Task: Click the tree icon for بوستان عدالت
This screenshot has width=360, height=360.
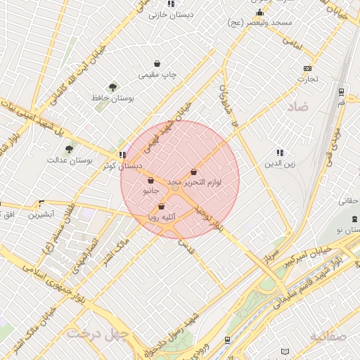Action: click(x=69, y=149)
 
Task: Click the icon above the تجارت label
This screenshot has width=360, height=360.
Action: click(x=307, y=68)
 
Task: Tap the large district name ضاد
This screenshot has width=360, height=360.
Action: click(x=297, y=106)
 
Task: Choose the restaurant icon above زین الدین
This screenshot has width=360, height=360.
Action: click(x=280, y=153)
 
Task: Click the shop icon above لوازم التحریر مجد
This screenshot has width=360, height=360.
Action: click(x=193, y=172)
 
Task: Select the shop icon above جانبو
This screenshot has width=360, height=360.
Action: click(x=151, y=180)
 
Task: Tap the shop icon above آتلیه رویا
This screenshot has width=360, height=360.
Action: click(x=162, y=207)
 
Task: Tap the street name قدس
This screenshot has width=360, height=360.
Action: click(x=186, y=247)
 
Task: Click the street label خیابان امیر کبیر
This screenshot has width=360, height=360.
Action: click(x=309, y=253)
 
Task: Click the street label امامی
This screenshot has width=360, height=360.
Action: click(x=291, y=41)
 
